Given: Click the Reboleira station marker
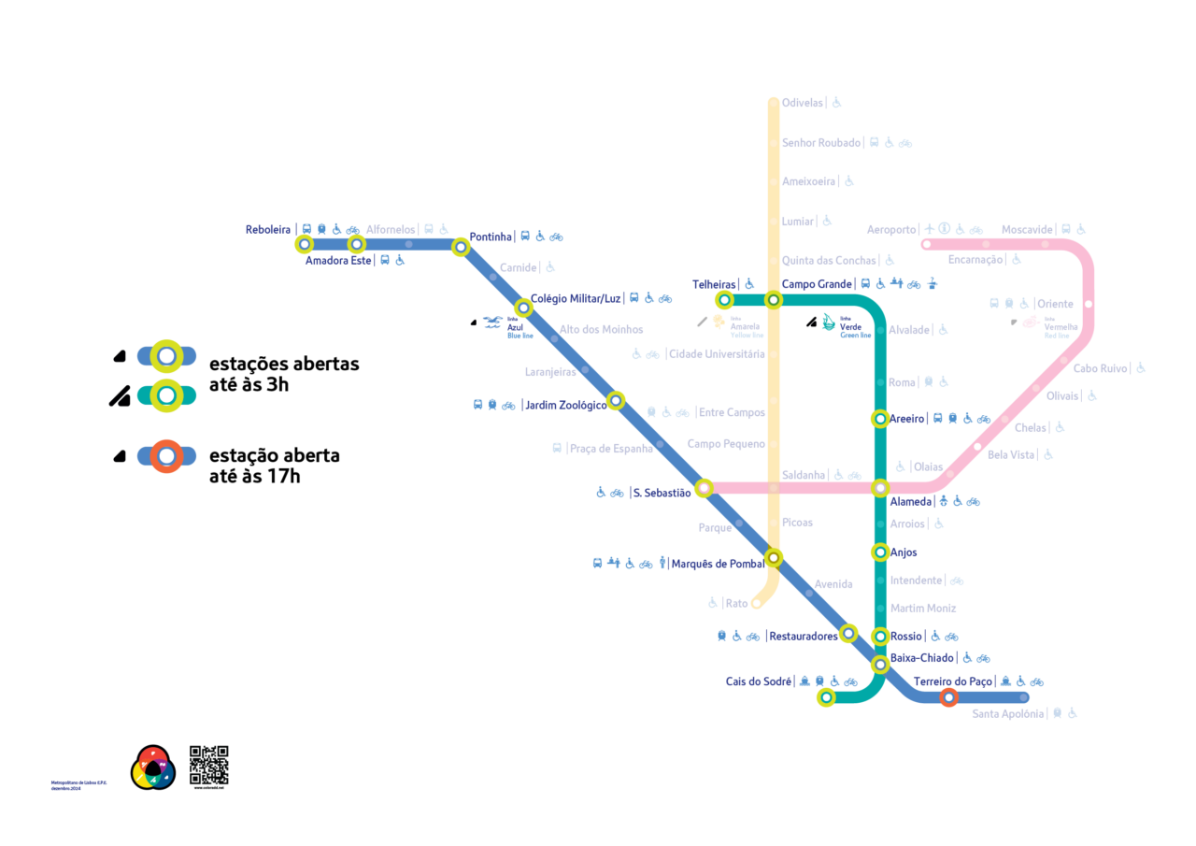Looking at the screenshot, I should tap(304, 245).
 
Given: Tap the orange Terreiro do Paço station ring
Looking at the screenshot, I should tap(948, 697).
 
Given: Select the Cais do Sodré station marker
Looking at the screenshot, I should tap(826, 697).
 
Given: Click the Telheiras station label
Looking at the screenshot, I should tap(715, 284).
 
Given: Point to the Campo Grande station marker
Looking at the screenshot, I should tap(773, 300).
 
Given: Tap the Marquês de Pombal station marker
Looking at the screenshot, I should tap(773, 559).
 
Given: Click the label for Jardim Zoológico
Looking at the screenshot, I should tap(566, 405).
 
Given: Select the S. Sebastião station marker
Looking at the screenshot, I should tap(705, 487).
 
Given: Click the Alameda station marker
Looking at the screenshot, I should tap(879, 487).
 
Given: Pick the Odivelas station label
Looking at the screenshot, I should tap(803, 103).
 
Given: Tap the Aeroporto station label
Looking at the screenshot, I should tap(891, 230).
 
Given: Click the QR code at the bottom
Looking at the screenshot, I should tap(208, 765).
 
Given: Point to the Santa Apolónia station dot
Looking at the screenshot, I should tap(1024, 697).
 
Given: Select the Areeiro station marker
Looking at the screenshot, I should tap(879, 418).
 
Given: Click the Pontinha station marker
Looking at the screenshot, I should tap(460, 247).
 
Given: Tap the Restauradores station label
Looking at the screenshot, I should tap(803, 637).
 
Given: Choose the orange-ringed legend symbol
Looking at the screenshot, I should tap(166, 456).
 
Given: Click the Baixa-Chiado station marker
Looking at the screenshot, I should tap(879, 665).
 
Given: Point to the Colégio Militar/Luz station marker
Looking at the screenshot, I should tap(524, 308).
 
